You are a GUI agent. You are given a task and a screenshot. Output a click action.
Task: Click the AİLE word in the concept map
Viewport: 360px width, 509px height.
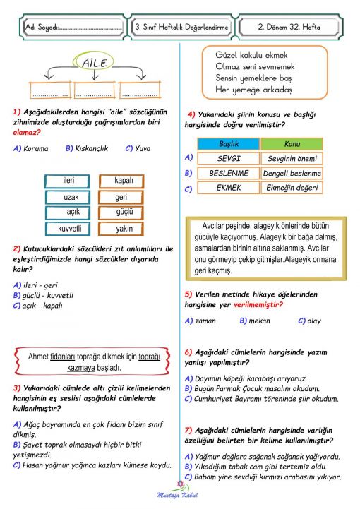tap(95, 64)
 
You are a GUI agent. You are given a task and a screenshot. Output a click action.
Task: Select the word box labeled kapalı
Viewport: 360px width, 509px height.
tap(123, 181)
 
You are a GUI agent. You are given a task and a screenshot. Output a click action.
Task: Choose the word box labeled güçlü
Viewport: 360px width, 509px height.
tap(123, 212)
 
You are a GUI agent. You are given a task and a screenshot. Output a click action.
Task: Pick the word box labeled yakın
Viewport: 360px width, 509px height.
tap(123, 228)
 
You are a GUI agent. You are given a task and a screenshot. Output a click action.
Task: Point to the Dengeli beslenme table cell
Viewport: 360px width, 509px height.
tap(292, 173)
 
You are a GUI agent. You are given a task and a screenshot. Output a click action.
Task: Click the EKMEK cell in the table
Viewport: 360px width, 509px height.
tap(229, 188)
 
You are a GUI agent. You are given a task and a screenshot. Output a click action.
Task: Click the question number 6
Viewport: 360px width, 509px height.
tap(188, 352)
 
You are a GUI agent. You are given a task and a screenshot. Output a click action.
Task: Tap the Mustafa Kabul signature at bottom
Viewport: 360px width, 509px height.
tap(179, 496)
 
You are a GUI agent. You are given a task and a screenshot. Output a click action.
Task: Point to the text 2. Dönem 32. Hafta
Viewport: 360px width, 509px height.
tap(289, 26)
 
